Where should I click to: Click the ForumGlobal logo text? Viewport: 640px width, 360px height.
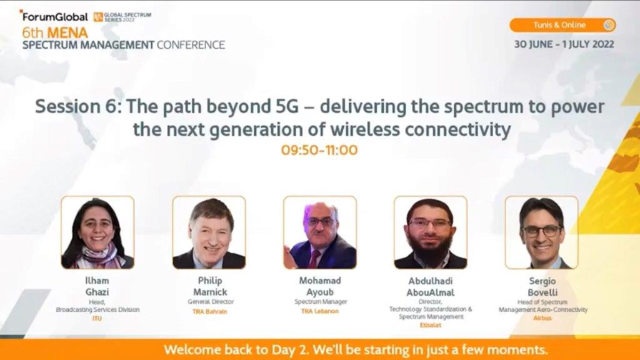55,17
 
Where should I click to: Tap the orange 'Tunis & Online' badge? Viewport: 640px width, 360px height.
562,25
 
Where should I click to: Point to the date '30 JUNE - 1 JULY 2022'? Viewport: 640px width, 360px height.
564,44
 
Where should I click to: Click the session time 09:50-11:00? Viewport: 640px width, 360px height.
319,150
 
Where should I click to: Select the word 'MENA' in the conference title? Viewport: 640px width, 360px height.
67,32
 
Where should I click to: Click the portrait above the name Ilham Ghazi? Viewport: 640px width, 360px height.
97,232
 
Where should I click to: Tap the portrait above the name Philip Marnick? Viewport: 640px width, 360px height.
209,232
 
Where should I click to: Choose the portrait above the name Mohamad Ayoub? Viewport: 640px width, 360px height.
320,232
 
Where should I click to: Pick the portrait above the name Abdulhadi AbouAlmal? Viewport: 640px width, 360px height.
431,232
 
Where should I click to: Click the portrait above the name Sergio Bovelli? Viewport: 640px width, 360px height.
542,232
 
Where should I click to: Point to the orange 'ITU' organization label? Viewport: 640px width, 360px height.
97,318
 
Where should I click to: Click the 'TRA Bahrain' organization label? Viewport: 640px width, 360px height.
210,311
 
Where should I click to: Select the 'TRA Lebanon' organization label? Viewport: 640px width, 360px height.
320,311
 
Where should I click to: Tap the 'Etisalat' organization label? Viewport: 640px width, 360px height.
430,325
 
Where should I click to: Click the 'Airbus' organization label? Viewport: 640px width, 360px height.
542,318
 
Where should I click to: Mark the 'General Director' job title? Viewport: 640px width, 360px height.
211,302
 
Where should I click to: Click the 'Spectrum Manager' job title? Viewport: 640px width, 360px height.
321,302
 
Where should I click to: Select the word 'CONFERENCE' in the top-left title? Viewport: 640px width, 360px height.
191,44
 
